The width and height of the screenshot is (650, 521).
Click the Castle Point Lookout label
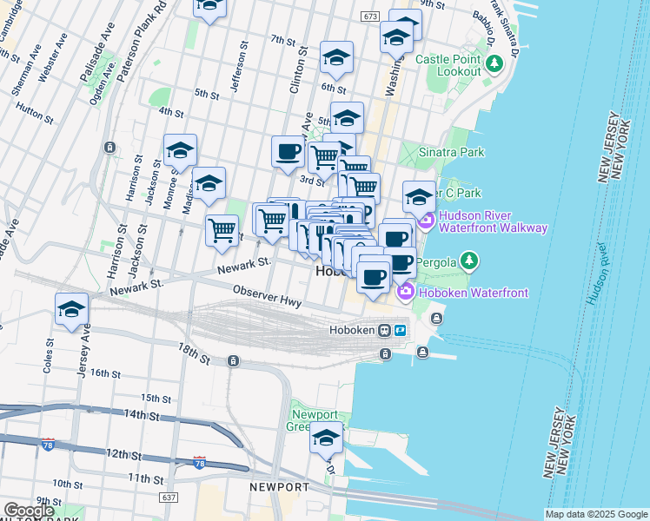[x=448, y=65]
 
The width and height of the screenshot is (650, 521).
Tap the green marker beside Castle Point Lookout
[x=494, y=63]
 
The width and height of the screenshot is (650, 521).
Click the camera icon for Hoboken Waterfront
[x=405, y=293]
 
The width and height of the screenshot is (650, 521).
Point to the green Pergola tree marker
[x=469, y=260]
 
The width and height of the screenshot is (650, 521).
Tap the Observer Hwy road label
[x=266, y=297]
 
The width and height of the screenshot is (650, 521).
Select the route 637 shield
[x=169, y=498]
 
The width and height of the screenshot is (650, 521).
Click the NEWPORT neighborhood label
[x=278, y=487]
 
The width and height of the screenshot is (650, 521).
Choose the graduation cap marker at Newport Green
[x=327, y=440]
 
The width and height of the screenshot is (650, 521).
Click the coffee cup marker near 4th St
[x=288, y=152]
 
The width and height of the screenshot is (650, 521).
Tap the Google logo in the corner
[x=29, y=510]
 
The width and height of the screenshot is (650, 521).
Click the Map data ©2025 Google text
[x=596, y=514]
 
